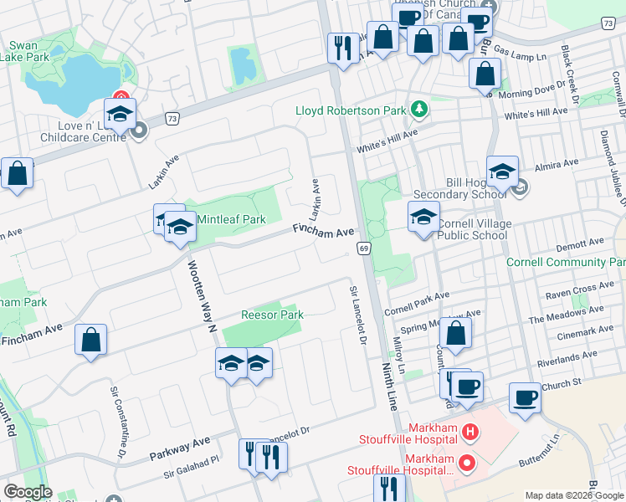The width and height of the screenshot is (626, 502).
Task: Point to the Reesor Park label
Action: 272,315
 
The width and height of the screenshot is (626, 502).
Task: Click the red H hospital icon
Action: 471,432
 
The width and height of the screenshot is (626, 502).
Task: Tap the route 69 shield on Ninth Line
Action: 364,248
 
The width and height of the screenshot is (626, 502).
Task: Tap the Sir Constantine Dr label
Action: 117,423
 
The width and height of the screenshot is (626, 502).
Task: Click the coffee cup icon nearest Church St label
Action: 526,398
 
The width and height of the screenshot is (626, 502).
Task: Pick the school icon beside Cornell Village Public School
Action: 424,216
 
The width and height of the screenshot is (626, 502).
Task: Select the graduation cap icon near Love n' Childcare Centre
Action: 120,114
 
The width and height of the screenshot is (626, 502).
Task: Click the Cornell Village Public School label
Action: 473,229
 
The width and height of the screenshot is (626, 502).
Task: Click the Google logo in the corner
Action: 28,492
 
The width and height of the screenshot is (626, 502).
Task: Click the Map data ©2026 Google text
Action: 572,495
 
